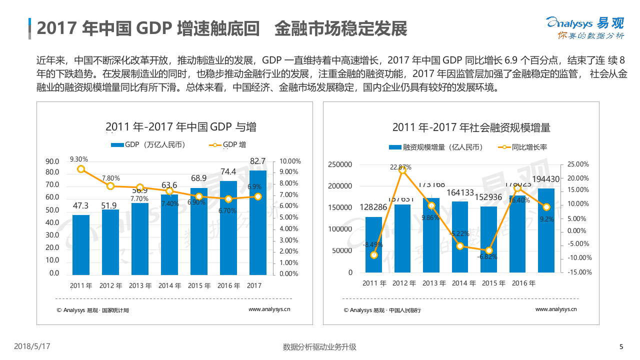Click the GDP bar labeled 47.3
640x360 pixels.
pyautogui.click(x=81, y=244)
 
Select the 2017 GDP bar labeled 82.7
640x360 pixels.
pyautogui.click(x=258, y=222)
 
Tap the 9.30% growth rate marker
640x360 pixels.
pyautogui.click(x=81, y=169)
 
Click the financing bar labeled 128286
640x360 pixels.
pyautogui.click(x=373, y=244)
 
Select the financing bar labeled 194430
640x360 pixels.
pyautogui.click(x=546, y=230)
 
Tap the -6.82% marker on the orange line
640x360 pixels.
pyautogui.click(x=489, y=250)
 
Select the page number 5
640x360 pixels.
pyautogui.click(x=621, y=347)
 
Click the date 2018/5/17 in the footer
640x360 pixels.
pyautogui.click(x=32, y=346)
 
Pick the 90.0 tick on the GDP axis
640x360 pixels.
pyautogui.click(x=52, y=161)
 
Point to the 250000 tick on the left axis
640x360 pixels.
pyautogui.click(x=340, y=164)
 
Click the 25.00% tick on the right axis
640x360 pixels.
pyautogui.click(x=578, y=164)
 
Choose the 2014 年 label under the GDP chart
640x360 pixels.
pyautogui.click(x=169, y=286)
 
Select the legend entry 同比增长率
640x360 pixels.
pyautogui.click(x=523, y=147)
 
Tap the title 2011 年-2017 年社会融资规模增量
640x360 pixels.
pyautogui.click(x=471, y=127)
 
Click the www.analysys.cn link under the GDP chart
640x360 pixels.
pyautogui.click(x=269, y=309)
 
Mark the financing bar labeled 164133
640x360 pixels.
pyautogui.click(x=460, y=236)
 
